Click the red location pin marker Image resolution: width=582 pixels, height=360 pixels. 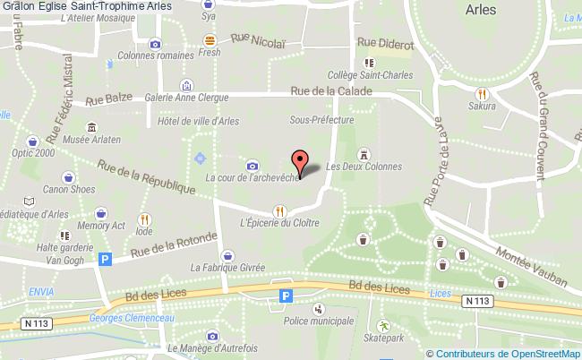300,161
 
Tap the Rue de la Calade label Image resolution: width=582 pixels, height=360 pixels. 332,90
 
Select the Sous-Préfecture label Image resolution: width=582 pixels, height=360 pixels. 321,119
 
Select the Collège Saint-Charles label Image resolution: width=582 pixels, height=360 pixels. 370,76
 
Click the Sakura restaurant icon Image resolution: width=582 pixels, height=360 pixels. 483,92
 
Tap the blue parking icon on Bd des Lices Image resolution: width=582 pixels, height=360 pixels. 287,296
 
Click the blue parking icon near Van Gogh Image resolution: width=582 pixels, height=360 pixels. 106,260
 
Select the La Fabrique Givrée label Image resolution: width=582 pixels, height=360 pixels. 227,267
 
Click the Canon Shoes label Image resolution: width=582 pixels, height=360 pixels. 68,188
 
